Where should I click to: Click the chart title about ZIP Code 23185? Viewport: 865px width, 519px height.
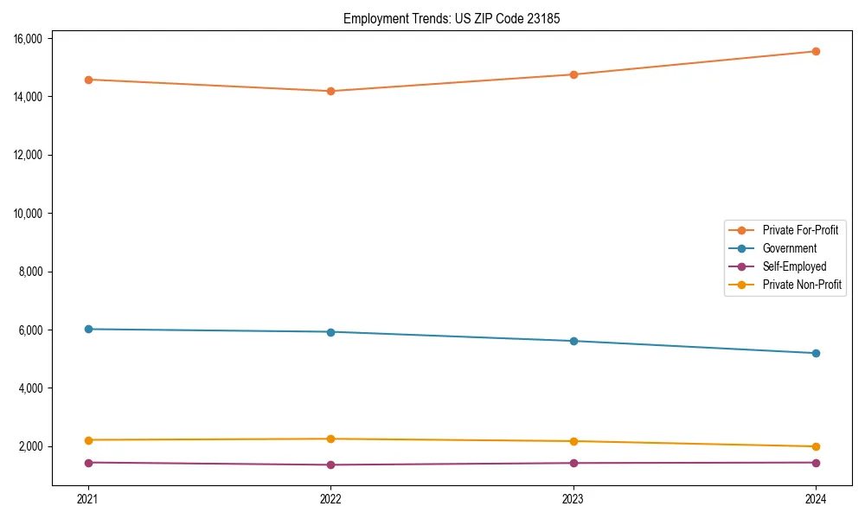pos(452,18)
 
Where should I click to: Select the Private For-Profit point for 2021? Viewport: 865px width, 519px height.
pos(88,80)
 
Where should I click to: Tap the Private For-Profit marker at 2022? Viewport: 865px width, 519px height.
pos(330,91)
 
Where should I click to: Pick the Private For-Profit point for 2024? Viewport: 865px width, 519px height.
pos(816,51)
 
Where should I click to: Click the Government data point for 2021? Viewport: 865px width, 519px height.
pos(88,329)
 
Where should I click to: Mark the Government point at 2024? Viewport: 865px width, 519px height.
pos(816,353)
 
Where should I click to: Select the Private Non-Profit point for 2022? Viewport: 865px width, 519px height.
pos(330,439)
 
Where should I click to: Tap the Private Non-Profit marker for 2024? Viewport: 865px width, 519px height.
pos(816,446)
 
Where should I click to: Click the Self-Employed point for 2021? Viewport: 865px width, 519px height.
pos(88,463)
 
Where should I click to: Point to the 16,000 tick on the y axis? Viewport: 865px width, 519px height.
pos(31,38)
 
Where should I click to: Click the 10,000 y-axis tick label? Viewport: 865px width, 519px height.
pos(31,213)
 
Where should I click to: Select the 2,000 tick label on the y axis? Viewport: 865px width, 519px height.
pos(34,446)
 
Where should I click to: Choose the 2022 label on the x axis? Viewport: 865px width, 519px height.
pos(330,498)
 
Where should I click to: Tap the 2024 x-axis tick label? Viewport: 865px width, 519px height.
pos(816,498)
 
